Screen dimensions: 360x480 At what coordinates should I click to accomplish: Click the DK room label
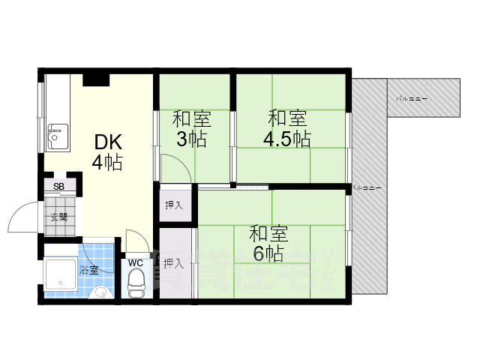[x=107, y=142]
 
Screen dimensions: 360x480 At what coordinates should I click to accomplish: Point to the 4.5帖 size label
[x=286, y=139]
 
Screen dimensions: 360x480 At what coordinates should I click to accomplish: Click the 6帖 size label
[x=268, y=253]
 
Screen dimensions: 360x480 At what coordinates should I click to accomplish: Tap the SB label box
[x=58, y=186]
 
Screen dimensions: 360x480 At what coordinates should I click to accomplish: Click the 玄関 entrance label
[x=58, y=217]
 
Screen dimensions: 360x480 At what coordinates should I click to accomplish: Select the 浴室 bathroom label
[x=88, y=269]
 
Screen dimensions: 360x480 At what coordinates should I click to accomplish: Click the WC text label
[x=136, y=262]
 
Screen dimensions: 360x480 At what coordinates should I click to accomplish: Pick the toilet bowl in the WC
[x=136, y=283]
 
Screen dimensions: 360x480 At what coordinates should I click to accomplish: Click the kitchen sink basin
[x=55, y=136]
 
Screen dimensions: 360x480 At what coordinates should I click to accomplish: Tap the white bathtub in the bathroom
[x=61, y=274]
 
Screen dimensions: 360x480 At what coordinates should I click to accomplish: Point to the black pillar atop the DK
[x=95, y=79]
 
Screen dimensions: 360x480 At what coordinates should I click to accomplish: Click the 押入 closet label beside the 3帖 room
[x=174, y=204]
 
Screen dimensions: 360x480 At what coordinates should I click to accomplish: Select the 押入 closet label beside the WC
[x=174, y=263]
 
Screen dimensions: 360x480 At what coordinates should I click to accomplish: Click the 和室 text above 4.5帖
[x=287, y=118]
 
